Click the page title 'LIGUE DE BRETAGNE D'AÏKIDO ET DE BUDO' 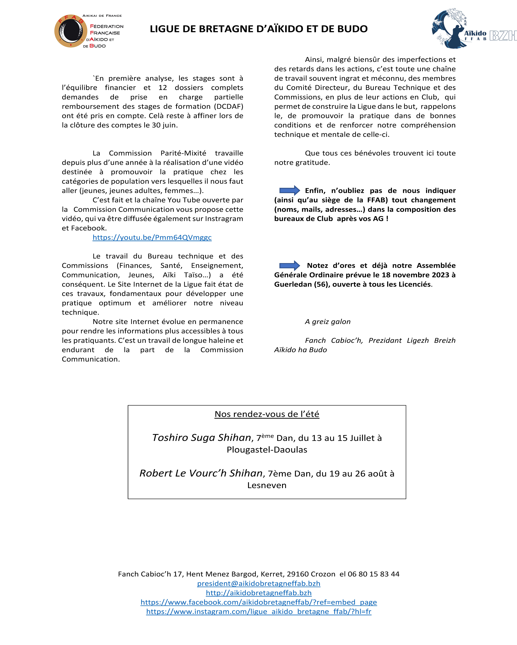tap(258, 29)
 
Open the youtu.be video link tap(152, 238)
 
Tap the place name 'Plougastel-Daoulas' tap(267, 450)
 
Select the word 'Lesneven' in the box tap(267, 485)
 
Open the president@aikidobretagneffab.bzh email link tap(258, 583)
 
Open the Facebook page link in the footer tap(258, 602)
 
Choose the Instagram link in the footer tap(258, 611)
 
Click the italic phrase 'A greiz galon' tap(328, 322)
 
